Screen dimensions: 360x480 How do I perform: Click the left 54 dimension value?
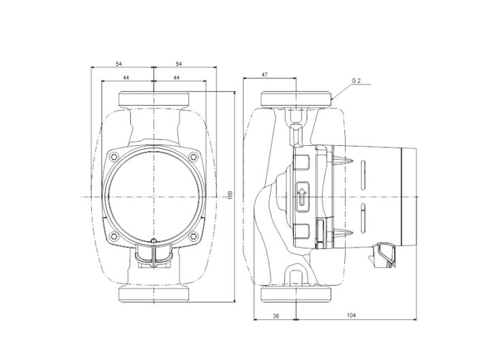click(119, 63)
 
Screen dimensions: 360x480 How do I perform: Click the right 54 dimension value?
click(179, 63)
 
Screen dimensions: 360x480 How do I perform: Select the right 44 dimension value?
click(176, 78)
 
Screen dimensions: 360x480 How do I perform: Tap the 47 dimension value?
click(265, 74)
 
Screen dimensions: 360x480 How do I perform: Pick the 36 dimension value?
click(275, 316)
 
